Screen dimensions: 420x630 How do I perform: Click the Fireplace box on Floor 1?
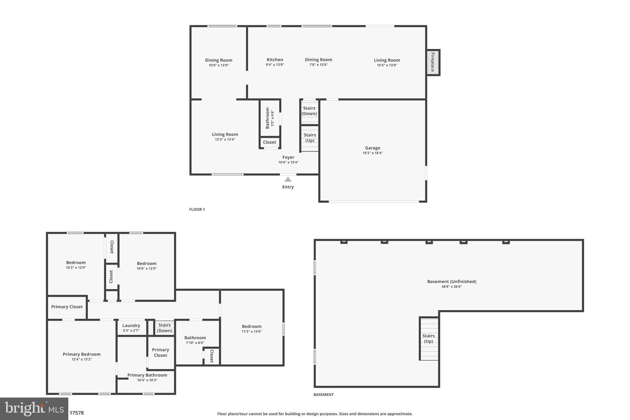point(433,62)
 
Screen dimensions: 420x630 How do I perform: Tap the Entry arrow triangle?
point(288,179)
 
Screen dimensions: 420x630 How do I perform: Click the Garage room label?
point(373,148)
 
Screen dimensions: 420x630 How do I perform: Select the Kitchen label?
point(275,60)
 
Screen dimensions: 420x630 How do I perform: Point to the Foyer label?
point(288,157)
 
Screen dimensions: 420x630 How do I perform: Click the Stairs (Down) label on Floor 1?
point(309,111)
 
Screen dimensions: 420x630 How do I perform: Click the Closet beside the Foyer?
point(269,142)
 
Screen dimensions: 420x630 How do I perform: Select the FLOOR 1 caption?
point(197,210)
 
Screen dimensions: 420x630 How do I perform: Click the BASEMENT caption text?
point(323,394)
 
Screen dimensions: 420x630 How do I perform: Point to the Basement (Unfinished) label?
point(452,282)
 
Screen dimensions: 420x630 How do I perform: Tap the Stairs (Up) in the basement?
point(429,338)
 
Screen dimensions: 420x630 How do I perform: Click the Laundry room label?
point(131,326)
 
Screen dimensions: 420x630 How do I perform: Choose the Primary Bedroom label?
point(82,354)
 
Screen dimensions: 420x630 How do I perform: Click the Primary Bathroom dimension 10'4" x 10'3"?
point(147,380)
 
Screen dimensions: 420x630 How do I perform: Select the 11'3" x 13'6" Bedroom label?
point(252,326)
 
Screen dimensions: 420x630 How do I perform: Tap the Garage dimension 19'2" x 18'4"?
point(373,153)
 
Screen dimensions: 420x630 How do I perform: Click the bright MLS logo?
point(34,409)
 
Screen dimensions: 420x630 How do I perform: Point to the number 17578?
point(77,413)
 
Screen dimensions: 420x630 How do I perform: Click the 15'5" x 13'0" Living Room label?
point(387,60)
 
